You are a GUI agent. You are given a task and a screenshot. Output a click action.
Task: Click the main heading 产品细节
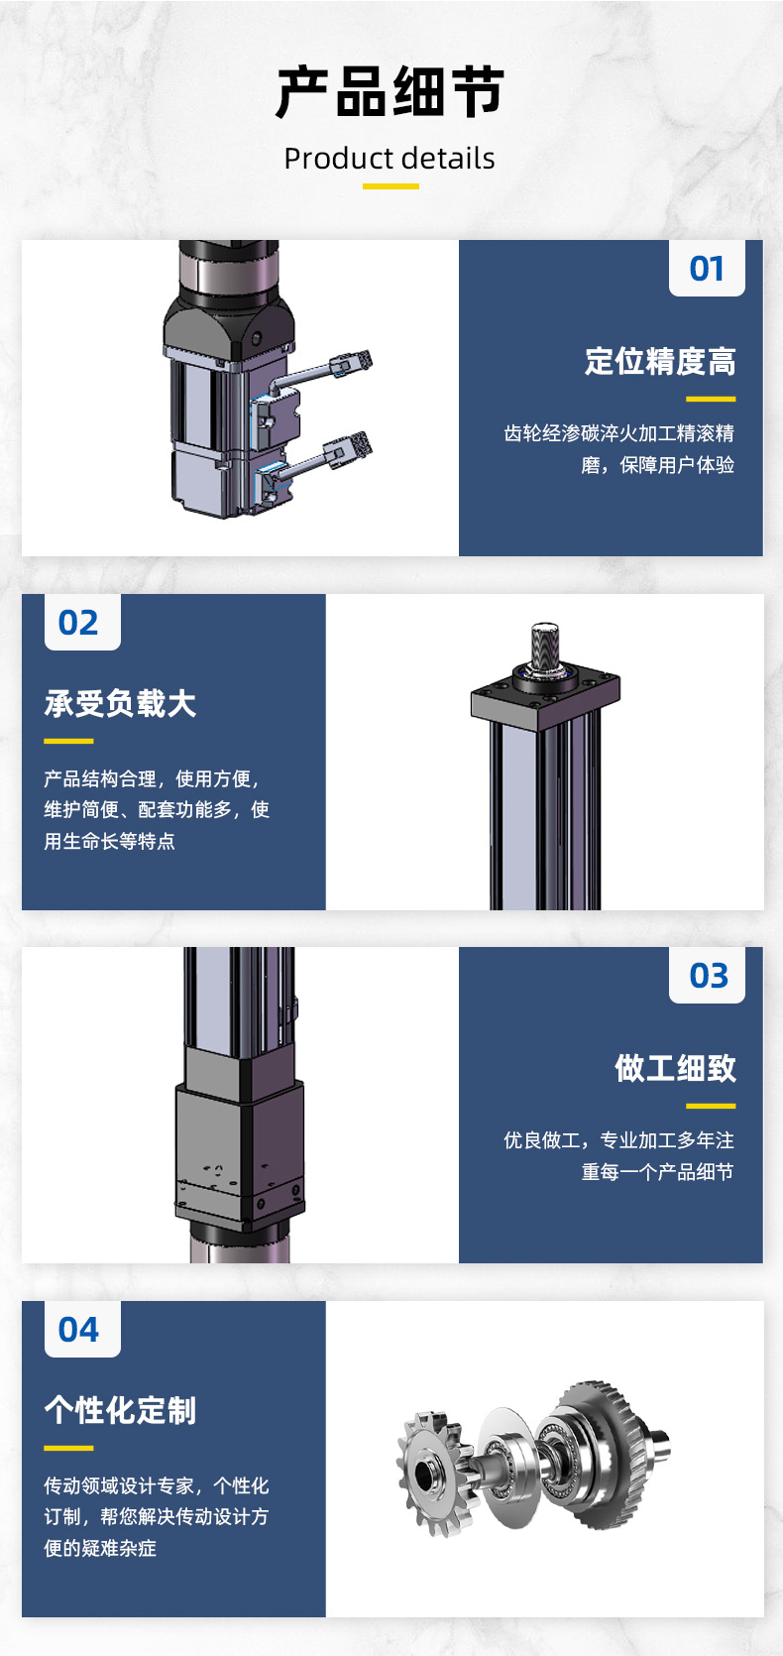[x=391, y=91]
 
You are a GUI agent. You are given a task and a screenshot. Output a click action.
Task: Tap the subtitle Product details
[x=390, y=159]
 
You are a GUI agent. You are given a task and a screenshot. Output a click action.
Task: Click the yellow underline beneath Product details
[x=391, y=186]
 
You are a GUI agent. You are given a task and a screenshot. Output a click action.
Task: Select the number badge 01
[x=707, y=269]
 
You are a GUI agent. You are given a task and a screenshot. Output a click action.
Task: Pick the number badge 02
[x=78, y=623]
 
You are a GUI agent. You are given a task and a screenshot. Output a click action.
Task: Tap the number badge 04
[x=78, y=1329]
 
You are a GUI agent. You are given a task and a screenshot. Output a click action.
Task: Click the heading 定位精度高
[x=660, y=362]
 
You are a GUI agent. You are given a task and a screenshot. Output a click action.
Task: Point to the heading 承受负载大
[x=120, y=703]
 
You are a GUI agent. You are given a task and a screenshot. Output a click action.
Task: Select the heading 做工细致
[x=676, y=1068]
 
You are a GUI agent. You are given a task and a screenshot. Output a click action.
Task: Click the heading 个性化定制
[x=120, y=1410]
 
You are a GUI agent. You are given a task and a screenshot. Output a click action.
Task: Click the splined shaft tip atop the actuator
[x=545, y=642]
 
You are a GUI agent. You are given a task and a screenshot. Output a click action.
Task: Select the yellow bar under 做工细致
[x=711, y=1106]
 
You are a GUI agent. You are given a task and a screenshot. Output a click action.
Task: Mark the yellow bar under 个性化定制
[x=68, y=1448]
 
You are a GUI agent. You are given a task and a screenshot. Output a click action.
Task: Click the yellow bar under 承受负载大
[x=68, y=741]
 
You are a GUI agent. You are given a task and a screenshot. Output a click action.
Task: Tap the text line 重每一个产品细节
[x=657, y=1172]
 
